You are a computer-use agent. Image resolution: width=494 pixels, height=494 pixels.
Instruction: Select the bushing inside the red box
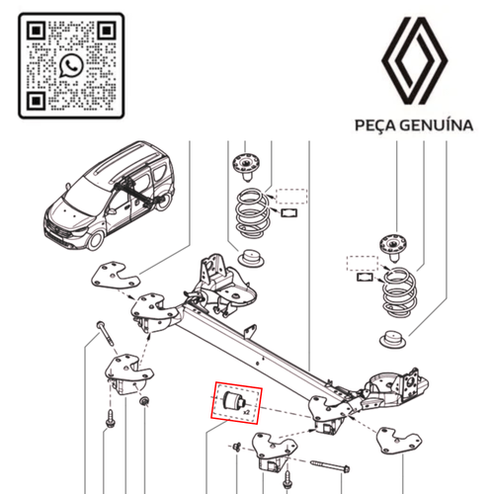click(233, 403)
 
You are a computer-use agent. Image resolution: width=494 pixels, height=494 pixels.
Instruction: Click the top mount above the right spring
click(395, 244)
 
